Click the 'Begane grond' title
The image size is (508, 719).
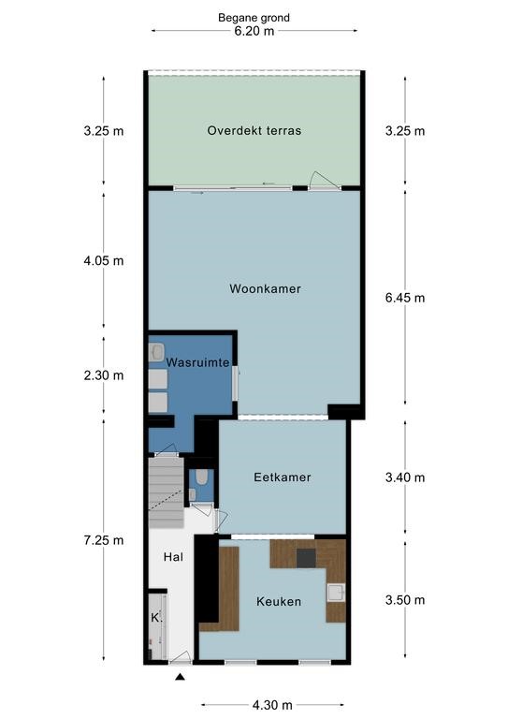[x=254, y=18]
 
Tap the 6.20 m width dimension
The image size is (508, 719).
[x=254, y=31]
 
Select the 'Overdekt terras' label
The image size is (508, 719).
[x=254, y=131]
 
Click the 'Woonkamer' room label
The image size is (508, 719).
[x=265, y=289]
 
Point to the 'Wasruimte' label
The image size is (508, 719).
[x=197, y=362]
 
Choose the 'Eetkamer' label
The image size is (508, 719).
[x=283, y=477]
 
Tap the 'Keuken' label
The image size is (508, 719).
[x=279, y=602]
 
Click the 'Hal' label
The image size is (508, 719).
[x=174, y=557]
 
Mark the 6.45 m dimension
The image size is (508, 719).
[x=405, y=298]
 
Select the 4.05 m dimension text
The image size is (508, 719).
[x=104, y=261]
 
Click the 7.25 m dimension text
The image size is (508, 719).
[x=104, y=540]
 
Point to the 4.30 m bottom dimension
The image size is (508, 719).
[x=272, y=705]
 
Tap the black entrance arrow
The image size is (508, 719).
[x=180, y=676]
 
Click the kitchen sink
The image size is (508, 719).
[x=336, y=593]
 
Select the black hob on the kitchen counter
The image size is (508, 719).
[x=306, y=558]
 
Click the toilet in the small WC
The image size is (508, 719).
[x=201, y=477]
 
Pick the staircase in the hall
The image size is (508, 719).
[x=167, y=493]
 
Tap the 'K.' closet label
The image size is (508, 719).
[x=157, y=618]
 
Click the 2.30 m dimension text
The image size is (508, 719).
[x=104, y=375]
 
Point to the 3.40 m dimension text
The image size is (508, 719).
[x=405, y=477]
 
